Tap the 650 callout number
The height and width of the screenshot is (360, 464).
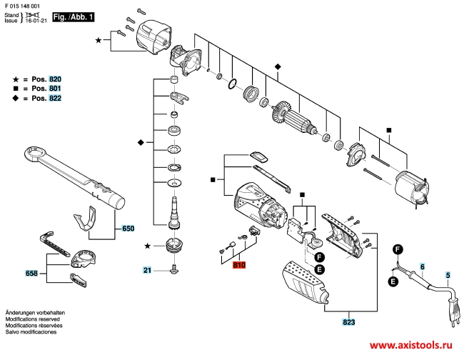pos(128,229)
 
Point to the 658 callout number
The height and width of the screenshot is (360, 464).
pos(31,274)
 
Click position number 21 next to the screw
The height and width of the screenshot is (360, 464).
pos(146,270)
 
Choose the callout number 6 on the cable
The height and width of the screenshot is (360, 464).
pos(422,266)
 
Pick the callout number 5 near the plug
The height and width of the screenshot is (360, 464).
pos(448,275)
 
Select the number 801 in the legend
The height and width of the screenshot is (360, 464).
pos(56,89)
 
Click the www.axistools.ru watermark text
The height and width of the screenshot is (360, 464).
pos(410,344)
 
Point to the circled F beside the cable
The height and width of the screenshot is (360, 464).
pos(398,249)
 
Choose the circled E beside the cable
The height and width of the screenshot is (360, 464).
pos(393,281)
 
